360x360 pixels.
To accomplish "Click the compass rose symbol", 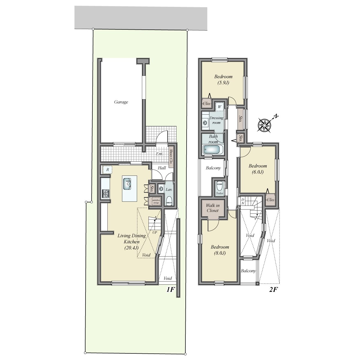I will click(264, 125).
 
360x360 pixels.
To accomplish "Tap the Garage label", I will click(121, 102).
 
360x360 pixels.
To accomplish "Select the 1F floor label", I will click(170, 289).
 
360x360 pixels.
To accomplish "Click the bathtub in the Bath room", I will click(212, 149).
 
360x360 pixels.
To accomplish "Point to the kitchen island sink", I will click(127, 184).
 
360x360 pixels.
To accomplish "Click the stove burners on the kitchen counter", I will click(106, 193).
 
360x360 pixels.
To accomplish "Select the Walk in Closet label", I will click(213, 208).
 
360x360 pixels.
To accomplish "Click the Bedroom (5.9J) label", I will click(223, 79).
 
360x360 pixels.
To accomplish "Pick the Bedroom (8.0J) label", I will click(220, 250).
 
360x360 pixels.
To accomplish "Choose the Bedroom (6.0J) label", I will click(257, 169).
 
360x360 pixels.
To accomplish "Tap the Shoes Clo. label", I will click(171, 158).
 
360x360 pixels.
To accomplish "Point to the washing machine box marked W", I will click(219, 107).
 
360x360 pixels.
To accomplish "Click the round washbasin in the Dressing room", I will click(205, 122).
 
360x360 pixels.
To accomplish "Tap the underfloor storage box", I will click(156, 201).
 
